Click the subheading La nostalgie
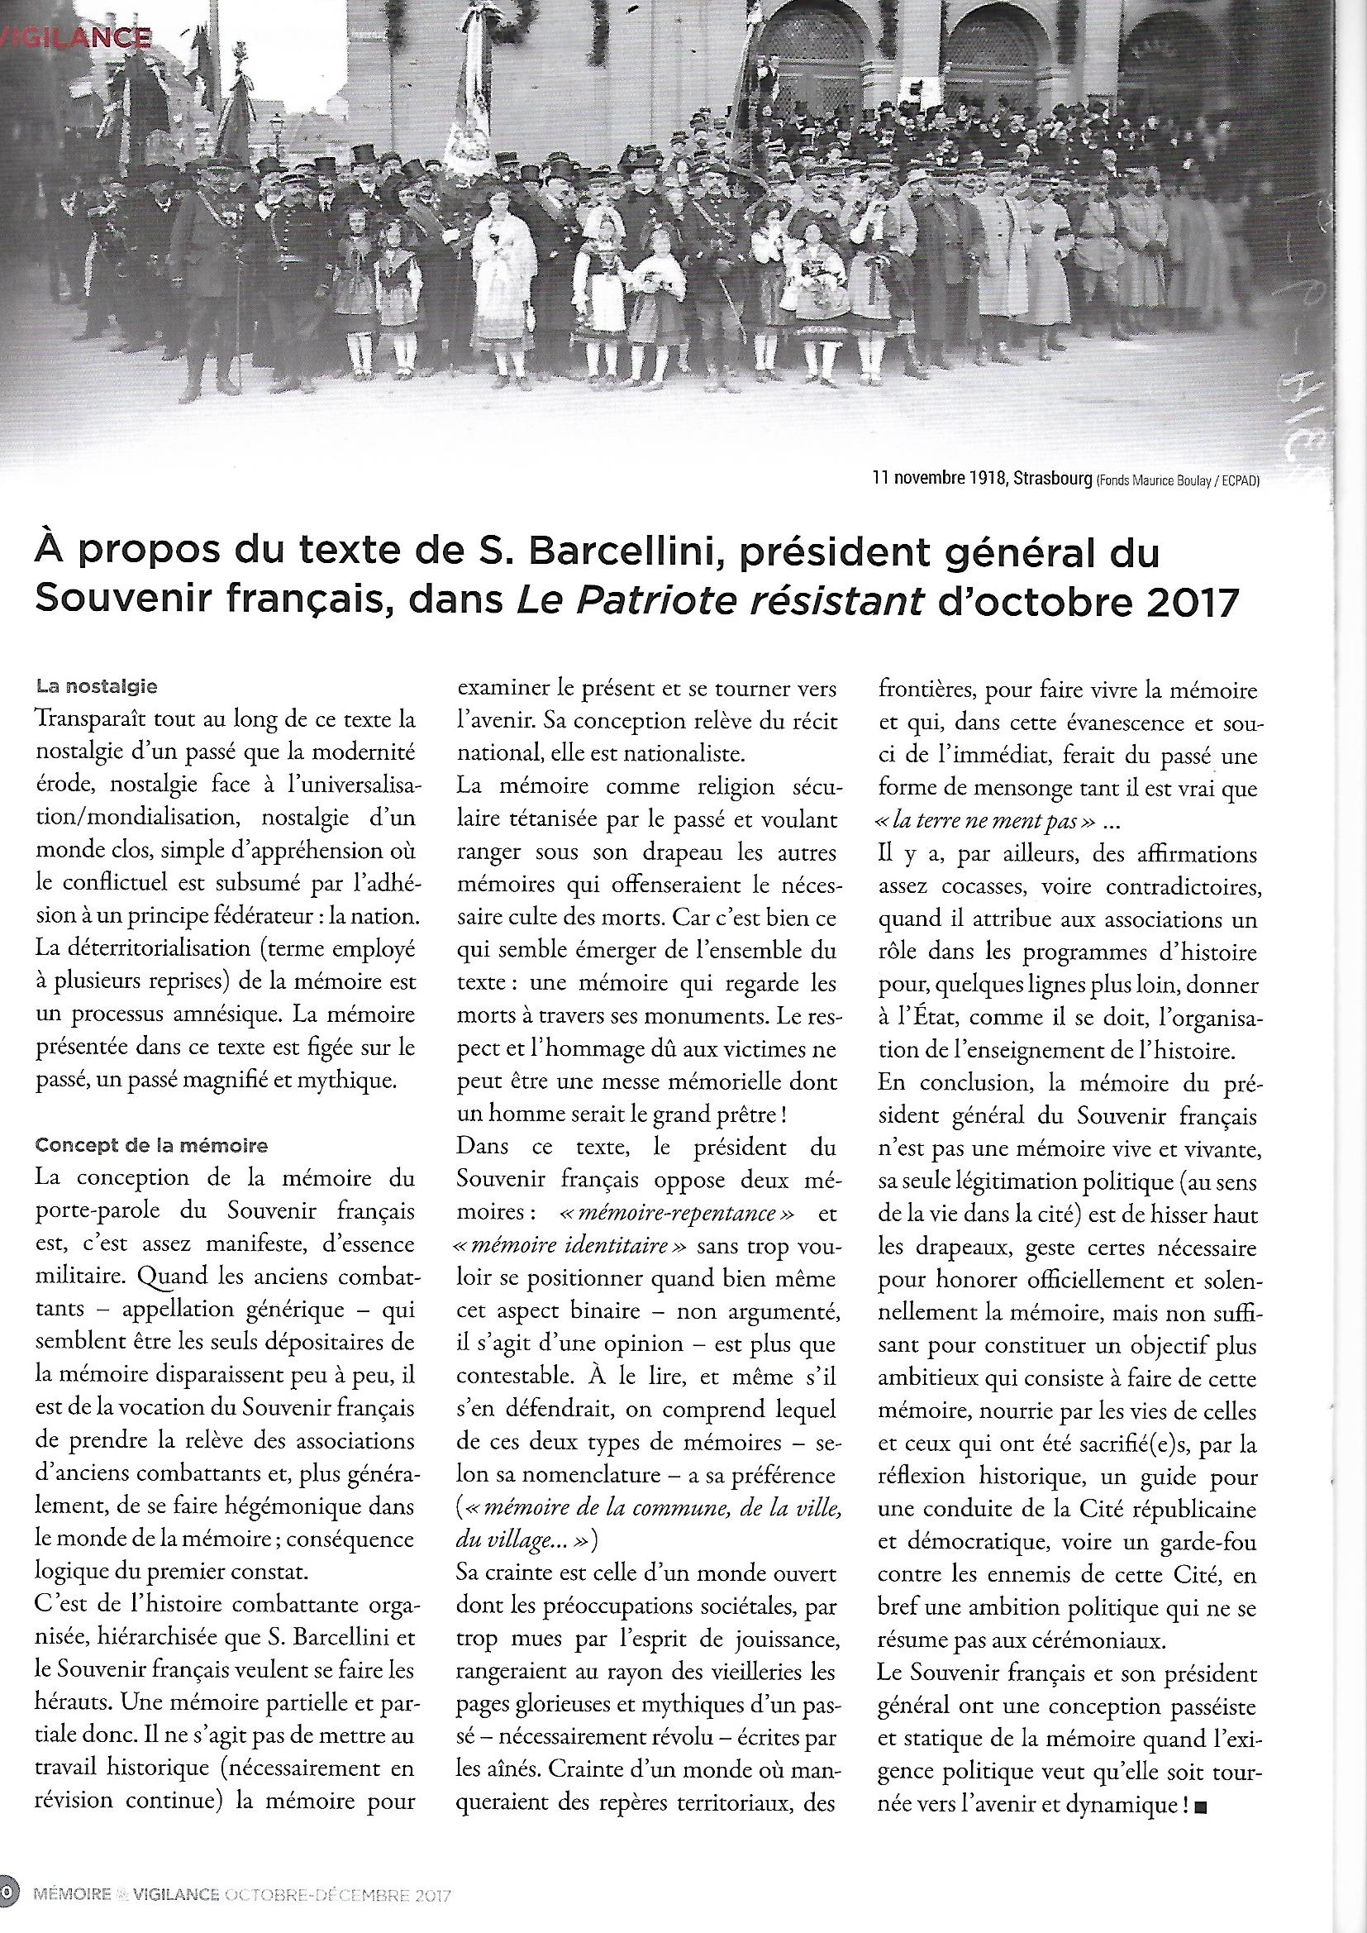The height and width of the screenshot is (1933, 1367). pos(97,686)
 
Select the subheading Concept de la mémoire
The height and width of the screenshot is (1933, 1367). pos(151,1145)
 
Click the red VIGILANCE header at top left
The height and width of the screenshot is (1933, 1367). pos(76,37)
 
